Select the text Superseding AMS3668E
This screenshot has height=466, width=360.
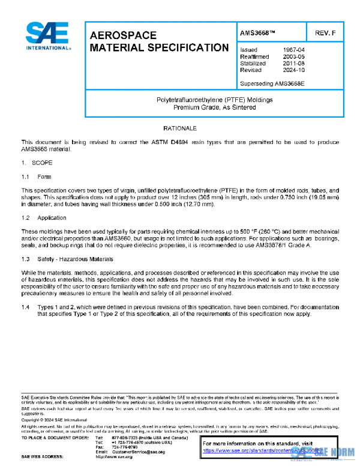(272, 83)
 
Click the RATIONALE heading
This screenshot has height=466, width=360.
(180, 129)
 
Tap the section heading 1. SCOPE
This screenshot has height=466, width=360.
(37, 163)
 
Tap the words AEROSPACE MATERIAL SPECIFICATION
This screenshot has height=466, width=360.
(158, 41)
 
